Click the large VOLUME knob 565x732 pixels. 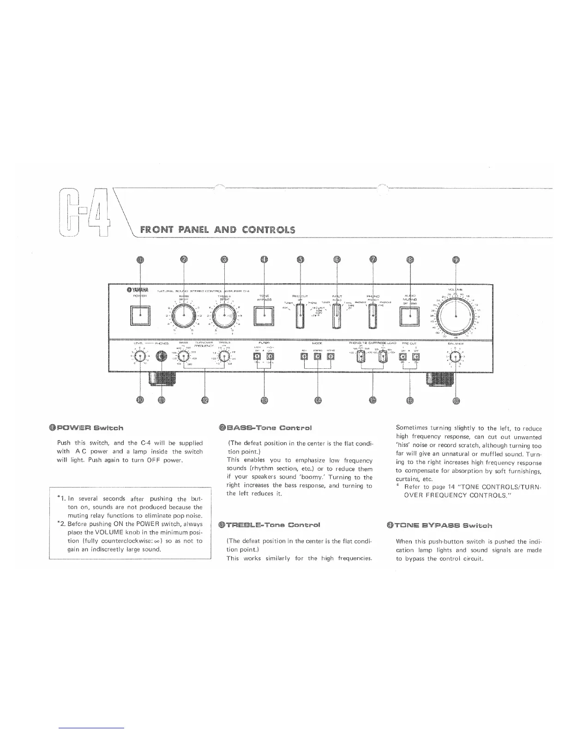456,317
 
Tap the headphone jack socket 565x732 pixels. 161,356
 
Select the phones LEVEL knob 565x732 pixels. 140,356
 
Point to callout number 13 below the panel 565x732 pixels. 264,400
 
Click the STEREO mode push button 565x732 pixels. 318,356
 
